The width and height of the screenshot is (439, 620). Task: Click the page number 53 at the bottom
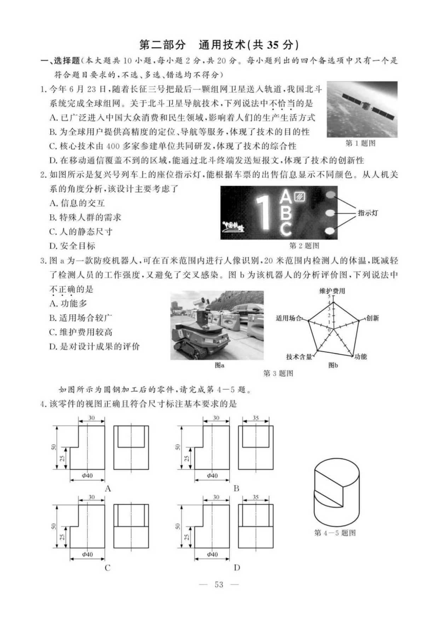point(219,584)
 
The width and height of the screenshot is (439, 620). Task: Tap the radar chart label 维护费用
point(332,291)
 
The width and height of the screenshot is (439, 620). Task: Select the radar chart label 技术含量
point(299,357)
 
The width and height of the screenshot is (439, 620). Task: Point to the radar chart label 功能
point(360,356)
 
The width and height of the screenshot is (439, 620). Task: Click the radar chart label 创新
point(372,318)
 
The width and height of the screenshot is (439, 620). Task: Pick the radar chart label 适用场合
point(289,318)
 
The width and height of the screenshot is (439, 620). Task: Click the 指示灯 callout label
point(368,213)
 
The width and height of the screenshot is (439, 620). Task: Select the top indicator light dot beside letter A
point(330,195)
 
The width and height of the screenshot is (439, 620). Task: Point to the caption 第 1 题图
point(360,143)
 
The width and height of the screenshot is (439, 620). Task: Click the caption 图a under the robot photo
point(219,365)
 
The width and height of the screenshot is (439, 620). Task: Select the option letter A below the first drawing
point(108,489)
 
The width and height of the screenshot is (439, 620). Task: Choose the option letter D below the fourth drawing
point(237,568)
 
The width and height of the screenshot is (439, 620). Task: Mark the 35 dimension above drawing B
point(255,418)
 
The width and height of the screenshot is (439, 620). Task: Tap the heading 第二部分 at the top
point(162,45)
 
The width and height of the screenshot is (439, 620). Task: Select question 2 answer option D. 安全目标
point(72,246)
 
